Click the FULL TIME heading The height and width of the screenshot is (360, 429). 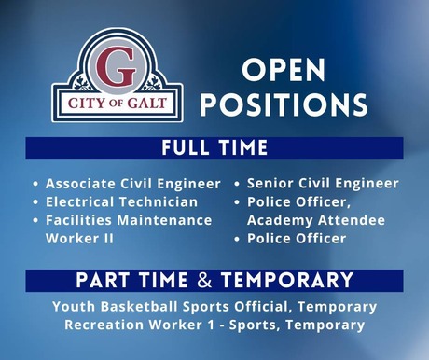click(x=214, y=148)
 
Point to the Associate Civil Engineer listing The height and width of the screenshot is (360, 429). click(x=133, y=184)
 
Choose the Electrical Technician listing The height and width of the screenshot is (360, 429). click(x=122, y=201)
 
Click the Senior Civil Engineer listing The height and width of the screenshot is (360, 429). click(x=323, y=184)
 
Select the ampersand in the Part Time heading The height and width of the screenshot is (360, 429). click(x=209, y=281)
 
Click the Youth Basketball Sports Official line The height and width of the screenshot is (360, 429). click(x=214, y=306)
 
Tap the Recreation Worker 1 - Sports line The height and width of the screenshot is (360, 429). click(x=214, y=325)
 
